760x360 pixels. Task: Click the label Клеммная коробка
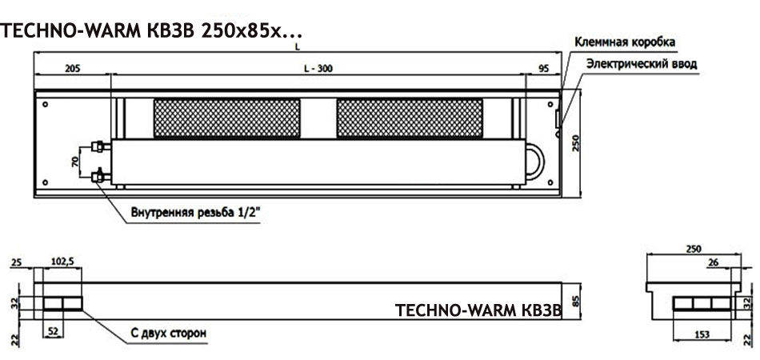[625, 42]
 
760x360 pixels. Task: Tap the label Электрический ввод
[642, 64]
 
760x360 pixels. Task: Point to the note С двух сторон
[168, 334]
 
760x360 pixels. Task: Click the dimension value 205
[72, 68]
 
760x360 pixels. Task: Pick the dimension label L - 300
[318, 68]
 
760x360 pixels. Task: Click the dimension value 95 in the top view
[543, 68]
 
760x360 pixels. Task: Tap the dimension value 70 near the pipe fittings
[75, 162]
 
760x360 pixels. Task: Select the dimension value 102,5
[62, 262]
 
